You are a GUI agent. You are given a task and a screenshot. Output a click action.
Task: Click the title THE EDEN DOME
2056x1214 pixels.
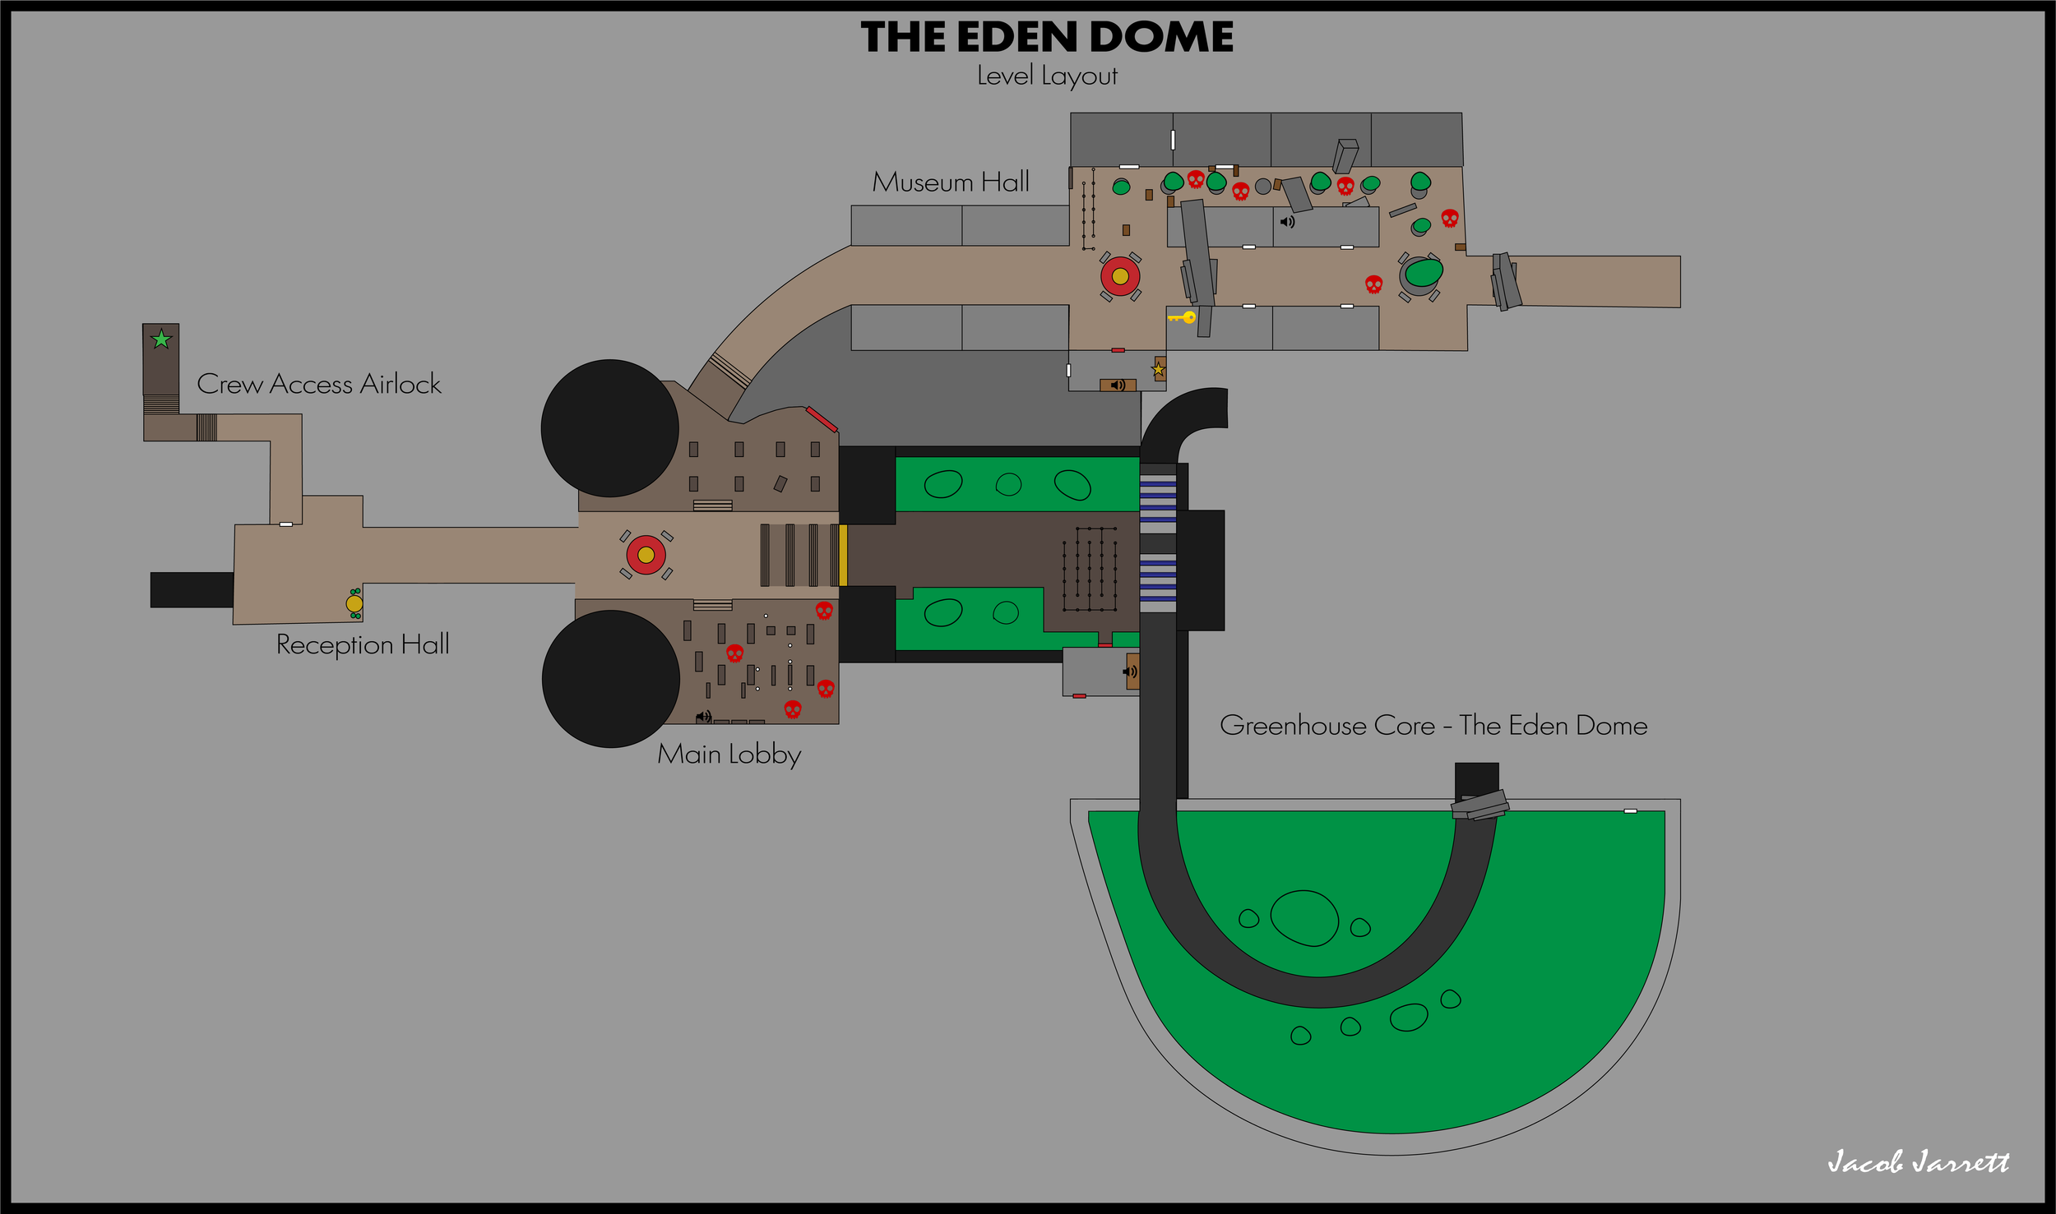pyautogui.click(x=1046, y=38)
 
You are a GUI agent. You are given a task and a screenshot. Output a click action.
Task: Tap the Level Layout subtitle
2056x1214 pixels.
pyautogui.click(x=1046, y=76)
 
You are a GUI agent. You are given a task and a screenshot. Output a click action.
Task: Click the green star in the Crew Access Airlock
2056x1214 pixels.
pyautogui.click(x=161, y=339)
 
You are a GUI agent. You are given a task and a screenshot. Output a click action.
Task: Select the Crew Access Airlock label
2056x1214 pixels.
pyautogui.click(x=319, y=384)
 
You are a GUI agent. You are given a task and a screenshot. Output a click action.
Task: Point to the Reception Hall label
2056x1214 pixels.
pyautogui.click(x=363, y=644)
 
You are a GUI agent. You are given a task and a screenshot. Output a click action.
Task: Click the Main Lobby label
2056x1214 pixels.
pyautogui.click(x=729, y=755)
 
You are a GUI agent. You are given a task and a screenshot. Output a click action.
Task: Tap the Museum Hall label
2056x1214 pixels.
pyautogui.click(x=951, y=182)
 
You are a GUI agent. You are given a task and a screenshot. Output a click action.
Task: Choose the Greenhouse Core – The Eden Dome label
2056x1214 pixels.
pyautogui.click(x=1433, y=726)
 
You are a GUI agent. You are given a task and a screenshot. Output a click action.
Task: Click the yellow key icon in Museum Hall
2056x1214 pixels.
pyautogui.click(x=1183, y=317)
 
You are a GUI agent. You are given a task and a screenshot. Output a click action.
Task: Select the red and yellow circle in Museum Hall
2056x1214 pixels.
pyautogui.click(x=1120, y=276)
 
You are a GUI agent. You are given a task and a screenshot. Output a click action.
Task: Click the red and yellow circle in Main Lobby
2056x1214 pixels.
pyautogui.click(x=646, y=555)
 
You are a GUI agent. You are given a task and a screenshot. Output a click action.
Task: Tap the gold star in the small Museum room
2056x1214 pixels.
pyautogui.click(x=1158, y=370)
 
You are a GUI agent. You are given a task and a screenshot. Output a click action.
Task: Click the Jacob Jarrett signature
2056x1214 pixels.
pyautogui.click(x=1918, y=1161)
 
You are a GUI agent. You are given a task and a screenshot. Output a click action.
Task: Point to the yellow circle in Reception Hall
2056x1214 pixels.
pyautogui.click(x=354, y=603)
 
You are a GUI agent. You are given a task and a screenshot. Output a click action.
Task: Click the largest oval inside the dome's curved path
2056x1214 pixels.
pyautogui.click(x=1304, y=918)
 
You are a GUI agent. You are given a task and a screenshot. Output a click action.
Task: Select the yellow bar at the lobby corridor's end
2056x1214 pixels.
pyautogui.click(x=843, y=556)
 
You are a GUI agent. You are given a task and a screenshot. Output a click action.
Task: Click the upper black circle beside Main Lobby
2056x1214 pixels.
pyautogui.click(x=609, y=428)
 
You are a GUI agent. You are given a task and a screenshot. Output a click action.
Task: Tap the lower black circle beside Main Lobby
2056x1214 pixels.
pyautogui.click(x=610, y=679)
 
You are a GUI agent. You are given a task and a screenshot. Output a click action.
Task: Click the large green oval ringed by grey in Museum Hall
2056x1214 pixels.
pyautogui.click(x=1423, y=272)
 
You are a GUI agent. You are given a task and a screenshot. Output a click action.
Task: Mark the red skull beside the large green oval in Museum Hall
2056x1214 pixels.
pyautogui.click(x=1373, y=284)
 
